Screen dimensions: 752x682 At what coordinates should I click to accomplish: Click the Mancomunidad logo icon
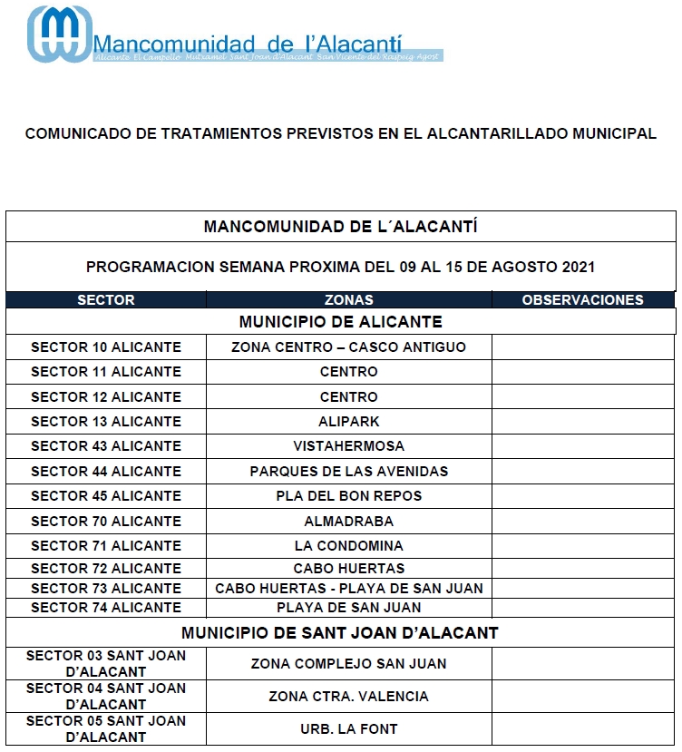tap(59, 35)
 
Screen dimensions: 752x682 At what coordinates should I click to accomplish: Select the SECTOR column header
tap(106, 300)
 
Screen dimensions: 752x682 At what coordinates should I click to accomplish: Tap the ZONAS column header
tap(349, 300)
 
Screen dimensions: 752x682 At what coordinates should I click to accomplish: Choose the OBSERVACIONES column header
tap(582, 300)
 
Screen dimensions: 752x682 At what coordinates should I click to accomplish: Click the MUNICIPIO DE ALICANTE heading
tap(340, 322)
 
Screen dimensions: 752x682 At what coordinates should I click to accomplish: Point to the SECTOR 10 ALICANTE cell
tap(106, 347)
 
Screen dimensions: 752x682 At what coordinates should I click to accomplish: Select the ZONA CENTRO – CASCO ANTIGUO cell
tap(349, 347)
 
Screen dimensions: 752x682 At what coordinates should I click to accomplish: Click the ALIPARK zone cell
tap(349, 422)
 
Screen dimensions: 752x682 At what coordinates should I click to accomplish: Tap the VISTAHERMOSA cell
tap(349, 446)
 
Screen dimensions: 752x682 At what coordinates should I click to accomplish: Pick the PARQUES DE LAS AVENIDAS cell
tap(349, 472)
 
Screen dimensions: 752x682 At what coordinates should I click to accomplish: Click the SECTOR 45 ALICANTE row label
tap(106, 496)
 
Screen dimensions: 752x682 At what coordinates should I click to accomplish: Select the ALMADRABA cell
tap(349, 522)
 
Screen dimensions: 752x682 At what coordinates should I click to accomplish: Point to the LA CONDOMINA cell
tap(349, 546)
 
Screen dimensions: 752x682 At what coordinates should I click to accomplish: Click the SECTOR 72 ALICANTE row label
tap(106, 569)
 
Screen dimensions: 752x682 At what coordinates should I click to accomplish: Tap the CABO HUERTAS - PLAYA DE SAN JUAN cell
tap(349, 589)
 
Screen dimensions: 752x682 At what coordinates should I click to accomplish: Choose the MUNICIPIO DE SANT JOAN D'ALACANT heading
tap(340, 633)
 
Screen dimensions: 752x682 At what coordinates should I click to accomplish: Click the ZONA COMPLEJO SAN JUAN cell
tap(349, 664)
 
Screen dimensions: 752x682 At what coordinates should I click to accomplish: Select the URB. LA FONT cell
tap(349, 729)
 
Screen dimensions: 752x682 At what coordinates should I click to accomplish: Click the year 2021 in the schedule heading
tap(579, 268)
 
